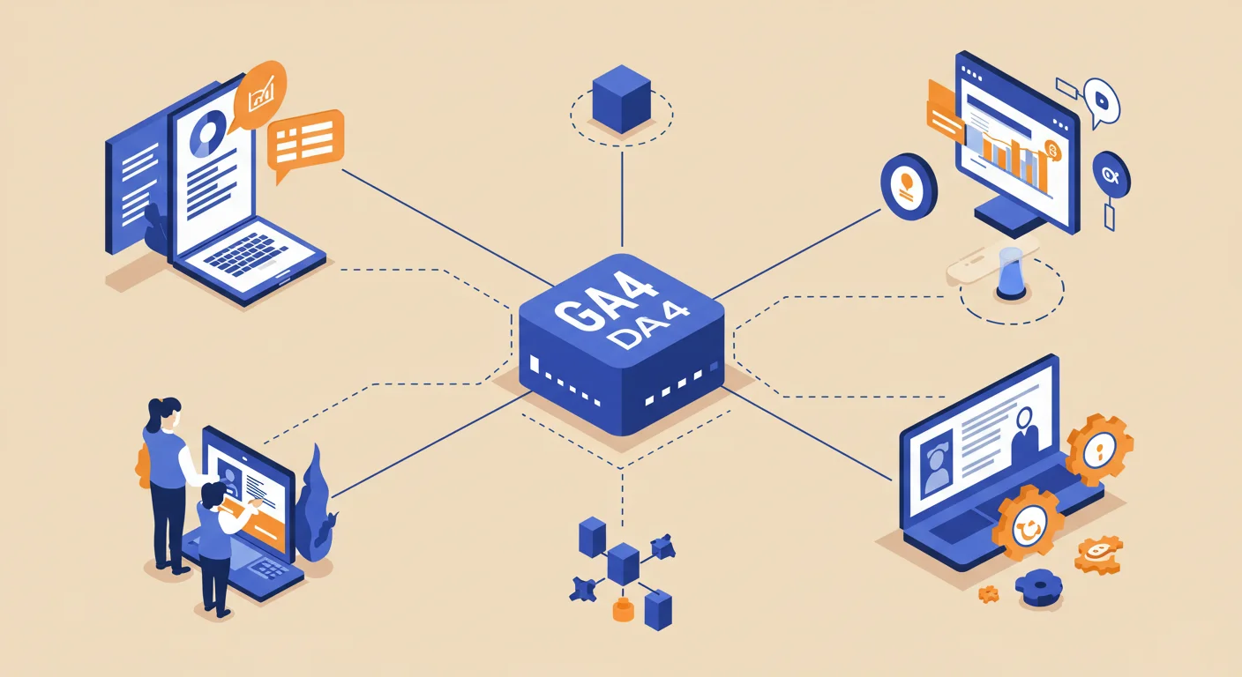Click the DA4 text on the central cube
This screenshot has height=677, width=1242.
[x=647, y=326]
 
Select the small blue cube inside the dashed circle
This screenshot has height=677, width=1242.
[x=621, y=99]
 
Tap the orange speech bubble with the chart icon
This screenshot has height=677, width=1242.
[x=259, y=95]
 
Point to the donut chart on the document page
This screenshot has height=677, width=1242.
[x=207, y=133]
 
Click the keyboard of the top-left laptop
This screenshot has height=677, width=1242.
[x=245, y=254]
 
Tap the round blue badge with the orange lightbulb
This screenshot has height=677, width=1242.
[x=909, y=187]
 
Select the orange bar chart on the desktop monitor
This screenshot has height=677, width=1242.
[x=1014, y=157]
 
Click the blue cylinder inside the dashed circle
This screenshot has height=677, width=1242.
[x=1012, y=273]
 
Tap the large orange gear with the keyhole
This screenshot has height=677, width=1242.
[x=1099, y=450]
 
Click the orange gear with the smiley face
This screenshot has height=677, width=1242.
[x=1028, y=523]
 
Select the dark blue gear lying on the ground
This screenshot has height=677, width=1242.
[x=1039, y=588]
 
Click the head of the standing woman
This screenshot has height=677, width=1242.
[x=164, y=413]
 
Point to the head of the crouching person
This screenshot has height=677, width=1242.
[x=213, y=495]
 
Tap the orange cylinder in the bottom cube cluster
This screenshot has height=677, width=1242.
[x=623, y=609]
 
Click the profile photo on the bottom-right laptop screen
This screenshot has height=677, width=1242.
[x=937, y=469]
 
